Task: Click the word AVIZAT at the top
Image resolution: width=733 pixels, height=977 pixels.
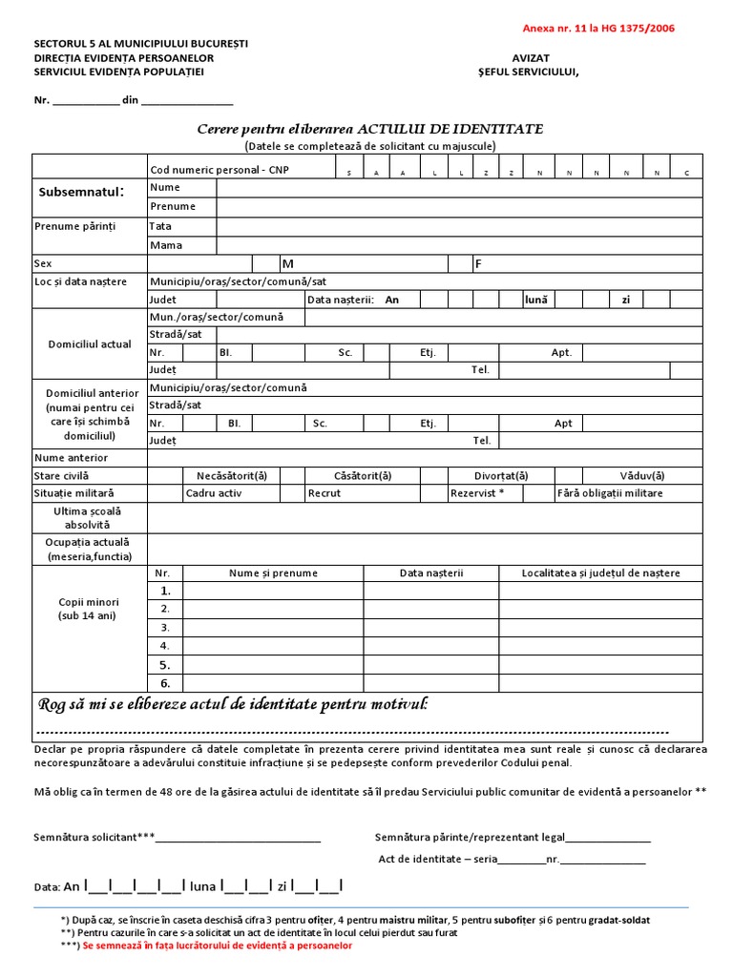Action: click(531, 57)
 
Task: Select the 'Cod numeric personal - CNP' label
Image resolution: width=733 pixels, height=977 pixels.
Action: click(219, 169)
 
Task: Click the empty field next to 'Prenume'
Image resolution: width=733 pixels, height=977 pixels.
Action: click(458, 206)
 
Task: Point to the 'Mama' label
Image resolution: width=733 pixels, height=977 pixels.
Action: click(166, 245)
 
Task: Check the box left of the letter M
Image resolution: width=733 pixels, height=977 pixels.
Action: click(264, 263)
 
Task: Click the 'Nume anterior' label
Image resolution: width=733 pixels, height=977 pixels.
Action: click(72, 458)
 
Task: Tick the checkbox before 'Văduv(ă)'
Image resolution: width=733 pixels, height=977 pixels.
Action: click(568, 475)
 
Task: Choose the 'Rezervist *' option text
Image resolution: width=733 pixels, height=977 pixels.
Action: click(476, 493)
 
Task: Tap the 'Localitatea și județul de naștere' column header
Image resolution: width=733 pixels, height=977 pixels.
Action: click(600, 572)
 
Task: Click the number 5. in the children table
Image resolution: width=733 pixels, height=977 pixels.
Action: click(165, 665)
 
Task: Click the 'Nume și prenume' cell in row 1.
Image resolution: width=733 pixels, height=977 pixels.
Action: click(272, 591)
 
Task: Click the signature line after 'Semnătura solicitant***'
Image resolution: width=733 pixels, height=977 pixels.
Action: click(239, 839)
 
